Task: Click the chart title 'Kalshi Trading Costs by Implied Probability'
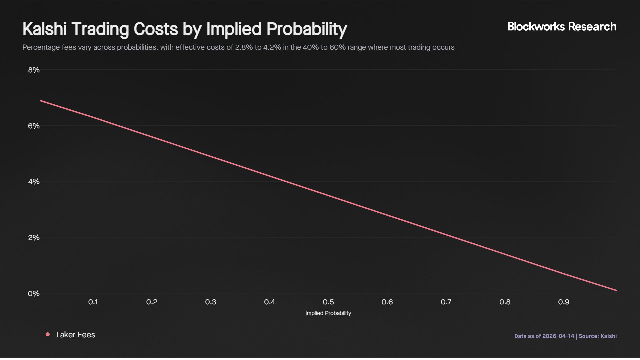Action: click(185, 29)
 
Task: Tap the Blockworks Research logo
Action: click(562, 27)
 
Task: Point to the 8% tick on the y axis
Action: click(34, 70)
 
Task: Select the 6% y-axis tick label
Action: click(34, 126)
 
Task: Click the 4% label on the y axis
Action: click(34, 182)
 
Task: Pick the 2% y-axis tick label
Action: click(34, 238)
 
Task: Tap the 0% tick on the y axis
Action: click(34, 294)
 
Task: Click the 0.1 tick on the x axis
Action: click(93, 302)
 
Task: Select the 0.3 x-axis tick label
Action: click(211, 302)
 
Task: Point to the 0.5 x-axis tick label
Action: click(328, 302)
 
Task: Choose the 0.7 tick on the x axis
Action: click(446, 302)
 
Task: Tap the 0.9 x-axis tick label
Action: click(564, 302)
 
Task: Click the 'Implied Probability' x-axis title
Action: click(328, 313)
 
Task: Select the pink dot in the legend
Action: click(48, 334)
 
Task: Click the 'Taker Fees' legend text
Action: click(75, 335)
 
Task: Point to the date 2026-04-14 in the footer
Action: click(558, 336)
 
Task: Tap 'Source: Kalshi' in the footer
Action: click(598, 336)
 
